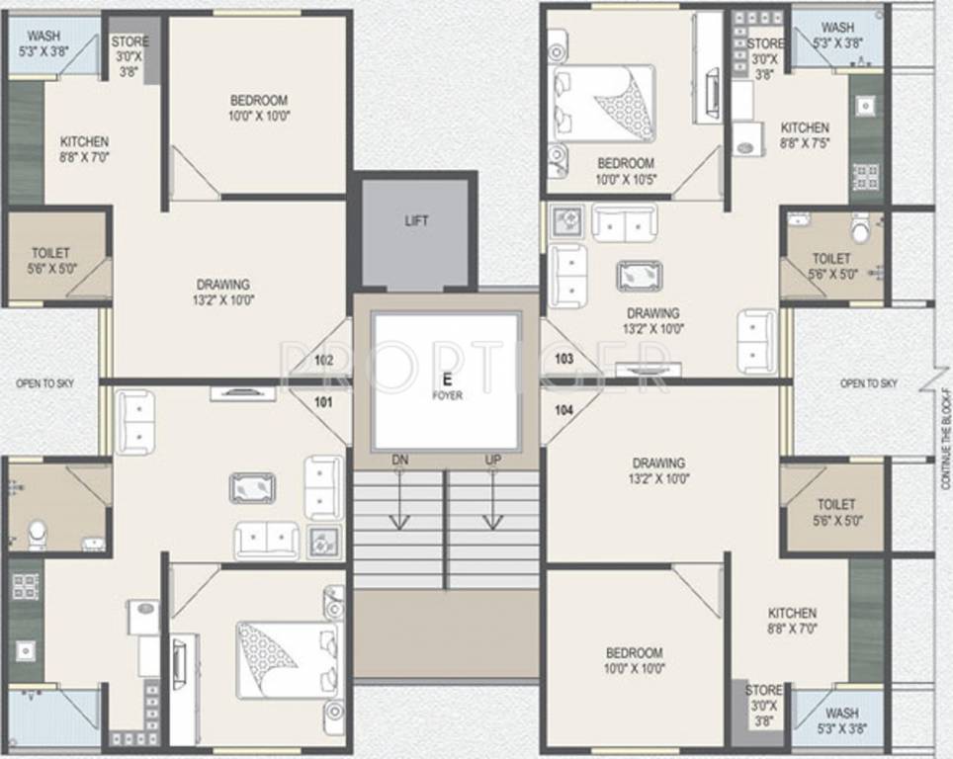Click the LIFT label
[x=416, y=220]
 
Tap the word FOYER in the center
[x=446, y=395]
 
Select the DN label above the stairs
[x=399, y=460]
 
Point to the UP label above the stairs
[x=492, y=460]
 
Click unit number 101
[x=323, y=402]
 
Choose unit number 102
[x=323, y=360]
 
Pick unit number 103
[x=564, y=358]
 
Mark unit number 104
[x=564, y=408]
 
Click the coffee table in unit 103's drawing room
[x=639, y=276]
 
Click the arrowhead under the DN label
[x=399, y=525]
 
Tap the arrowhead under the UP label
[x=492, y=525]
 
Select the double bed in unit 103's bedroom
[x=603, y=104]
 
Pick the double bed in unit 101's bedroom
[x=281, y=660]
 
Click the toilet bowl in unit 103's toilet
[x=859, y=228]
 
